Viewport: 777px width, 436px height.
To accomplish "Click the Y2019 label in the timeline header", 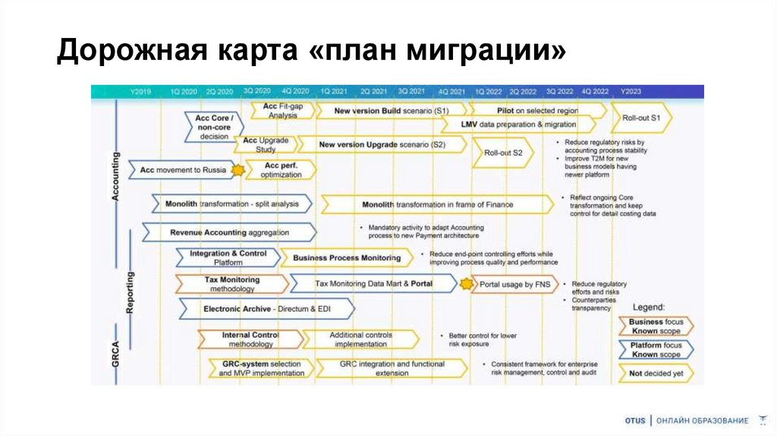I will (x=140, y=91).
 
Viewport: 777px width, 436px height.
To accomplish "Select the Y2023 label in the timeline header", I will (x=631, y=91).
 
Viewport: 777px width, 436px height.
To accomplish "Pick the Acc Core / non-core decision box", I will (x=214, y=128).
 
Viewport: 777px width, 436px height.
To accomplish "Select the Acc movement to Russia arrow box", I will (x=183, y=170).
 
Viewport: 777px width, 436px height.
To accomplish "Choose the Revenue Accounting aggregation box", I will (x=228, y=232).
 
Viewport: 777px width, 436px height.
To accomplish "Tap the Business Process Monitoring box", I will (x=347, y=257).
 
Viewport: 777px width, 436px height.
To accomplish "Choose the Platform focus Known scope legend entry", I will (x=656, y=350).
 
